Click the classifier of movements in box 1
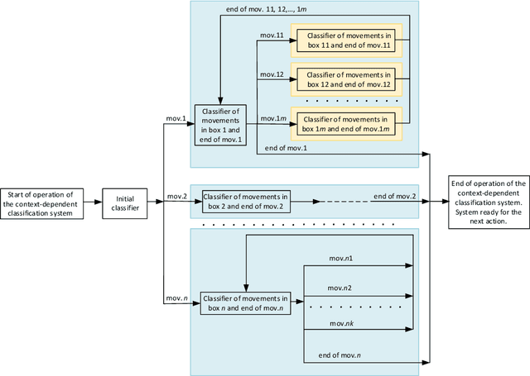(x=218, y=125)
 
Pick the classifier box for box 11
(x=349, y=41)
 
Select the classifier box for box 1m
(x=349, y=123)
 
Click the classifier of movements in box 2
(x=246, y=201)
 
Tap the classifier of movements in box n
(x=245, y=302)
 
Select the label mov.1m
(x=274, y=118)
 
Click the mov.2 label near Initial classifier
(x=176, y=197)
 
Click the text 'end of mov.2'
(x=394, y=196)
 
